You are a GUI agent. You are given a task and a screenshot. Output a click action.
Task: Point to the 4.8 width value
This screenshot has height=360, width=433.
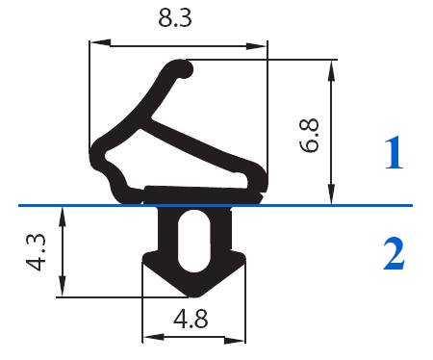[x=190, y=317]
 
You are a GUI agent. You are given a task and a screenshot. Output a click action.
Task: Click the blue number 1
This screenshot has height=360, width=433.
[x=394, y=155]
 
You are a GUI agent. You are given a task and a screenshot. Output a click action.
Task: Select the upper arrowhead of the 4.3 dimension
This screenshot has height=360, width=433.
[x=63, y=213]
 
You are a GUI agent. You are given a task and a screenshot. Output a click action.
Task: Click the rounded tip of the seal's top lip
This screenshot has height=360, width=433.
[x=183, y=68]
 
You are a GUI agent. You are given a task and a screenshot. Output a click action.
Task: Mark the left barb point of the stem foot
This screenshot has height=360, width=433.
[x=144, y=257]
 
